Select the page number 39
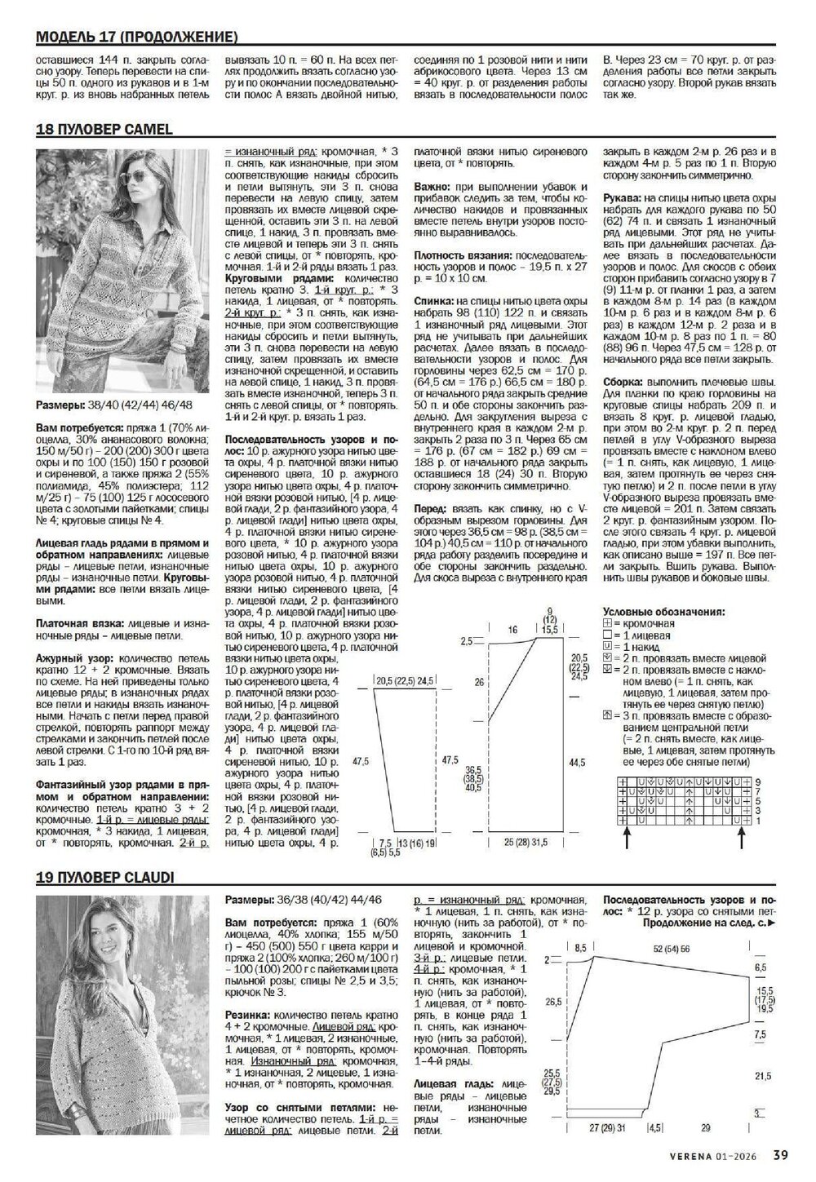coord(780,1154)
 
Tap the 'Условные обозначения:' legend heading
coord(663,611)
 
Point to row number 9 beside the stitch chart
coord(756,781)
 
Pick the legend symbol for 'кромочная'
coord(606,623)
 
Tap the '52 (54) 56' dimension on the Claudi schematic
coord(672,949)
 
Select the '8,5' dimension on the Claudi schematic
coord(580,949)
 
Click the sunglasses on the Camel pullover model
coord(126,171)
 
